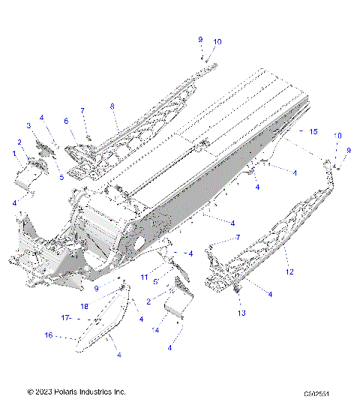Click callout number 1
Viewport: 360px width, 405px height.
click(x=14, y=153)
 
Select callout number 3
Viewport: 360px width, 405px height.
click(x=29, y=125)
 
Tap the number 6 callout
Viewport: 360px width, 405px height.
click(x=66, y=120)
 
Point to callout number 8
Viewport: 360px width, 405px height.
click(x=113, y=107)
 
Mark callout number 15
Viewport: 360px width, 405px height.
click(x=313, y=131)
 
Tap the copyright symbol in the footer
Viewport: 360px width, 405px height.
click(x=30, y=391)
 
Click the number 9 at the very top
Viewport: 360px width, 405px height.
click(x=200, y=39)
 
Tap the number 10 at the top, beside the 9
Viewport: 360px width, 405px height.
click(x=217, y=42)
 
